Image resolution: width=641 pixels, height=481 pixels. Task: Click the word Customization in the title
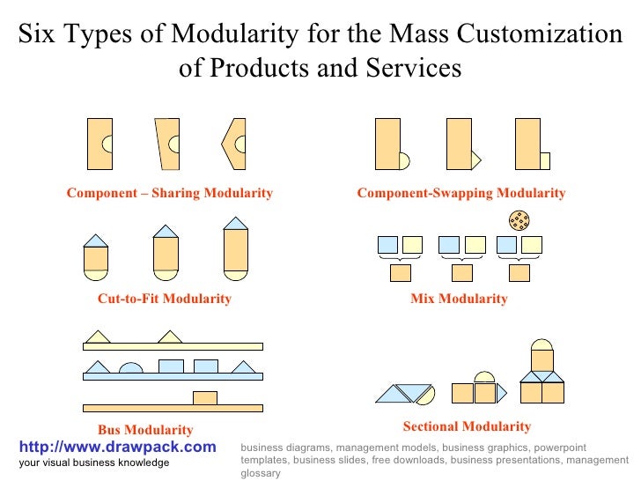(x=540, y=34)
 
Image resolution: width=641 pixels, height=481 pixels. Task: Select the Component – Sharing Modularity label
(x=170, y=193)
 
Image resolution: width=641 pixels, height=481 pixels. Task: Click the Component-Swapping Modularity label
(x=460, y=193)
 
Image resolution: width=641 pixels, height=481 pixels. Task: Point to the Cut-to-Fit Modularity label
(x=165, y=299)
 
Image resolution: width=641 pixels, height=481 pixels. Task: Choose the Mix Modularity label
(x=459, y=299)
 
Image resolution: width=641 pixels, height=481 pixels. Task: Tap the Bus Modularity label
(x=145, y=430)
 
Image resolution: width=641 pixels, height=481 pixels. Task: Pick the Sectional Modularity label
(x=467, y=426)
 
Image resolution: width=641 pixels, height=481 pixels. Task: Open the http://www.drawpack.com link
(x=117, y=448)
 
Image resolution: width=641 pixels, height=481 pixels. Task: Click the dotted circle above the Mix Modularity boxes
(x=519, y=219)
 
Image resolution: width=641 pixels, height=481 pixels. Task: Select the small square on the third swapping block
(x=544, y=160)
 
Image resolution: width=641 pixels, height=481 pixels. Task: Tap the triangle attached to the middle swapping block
(x=476, y=159)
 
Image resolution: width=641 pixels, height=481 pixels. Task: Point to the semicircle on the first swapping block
(x=405, y=160)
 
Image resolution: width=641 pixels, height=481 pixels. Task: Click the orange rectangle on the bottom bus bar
(x=205, y=397)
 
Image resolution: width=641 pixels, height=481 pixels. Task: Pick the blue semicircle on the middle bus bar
(x=130, y=367)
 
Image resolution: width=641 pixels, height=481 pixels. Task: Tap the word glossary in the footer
(x=260, y=473)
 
